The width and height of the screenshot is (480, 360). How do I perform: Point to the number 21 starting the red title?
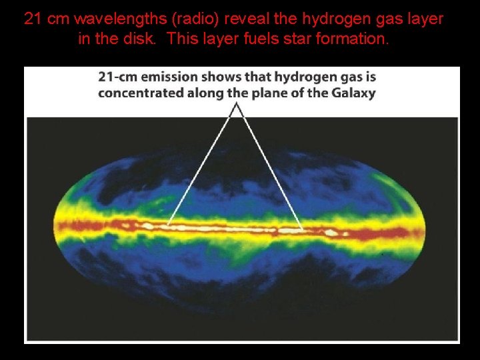(x=32, y=19)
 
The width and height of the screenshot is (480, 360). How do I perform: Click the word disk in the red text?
(x=142, y=39)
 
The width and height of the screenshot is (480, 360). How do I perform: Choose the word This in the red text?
(x=181, y=39)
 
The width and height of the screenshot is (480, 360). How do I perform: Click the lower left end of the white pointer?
(x=167, y=225)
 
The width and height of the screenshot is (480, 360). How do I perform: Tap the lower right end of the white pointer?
(x=303, y=230)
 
